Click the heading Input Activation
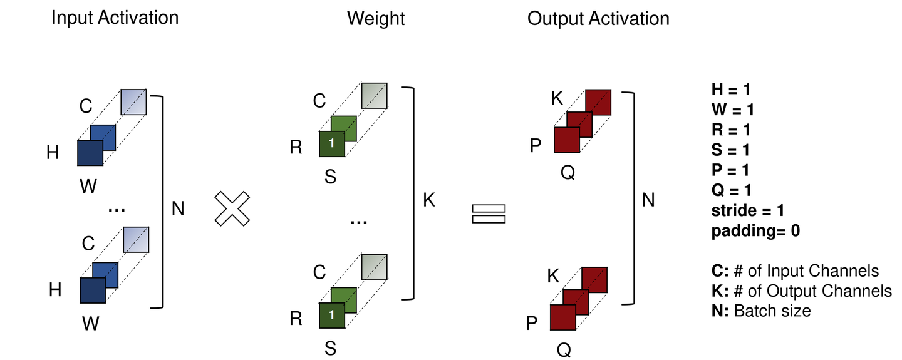click(x=115, y=18)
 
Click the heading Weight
click(x=376, y=18)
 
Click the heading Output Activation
click(x=598, y=18)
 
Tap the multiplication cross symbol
click(x=232, y=208)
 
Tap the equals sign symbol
click(x=488, y=213)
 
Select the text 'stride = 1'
click(x=748, y=210)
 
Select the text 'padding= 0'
click(x=755, y=230)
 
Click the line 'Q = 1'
click(x=731, y=190)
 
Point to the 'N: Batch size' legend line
click(x=760, y=311)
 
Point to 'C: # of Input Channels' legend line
click(x=794, y=270)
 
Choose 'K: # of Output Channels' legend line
click(x=801, y=291)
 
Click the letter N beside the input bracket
click(x=178, y=207)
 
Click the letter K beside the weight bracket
click(x=428, y=201)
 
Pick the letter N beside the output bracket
click(x=649, y=200)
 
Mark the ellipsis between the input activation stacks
click(x=117, y=211)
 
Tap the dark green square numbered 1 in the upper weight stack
click(x=332, y=144)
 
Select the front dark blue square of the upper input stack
click(x=90, y=153)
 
